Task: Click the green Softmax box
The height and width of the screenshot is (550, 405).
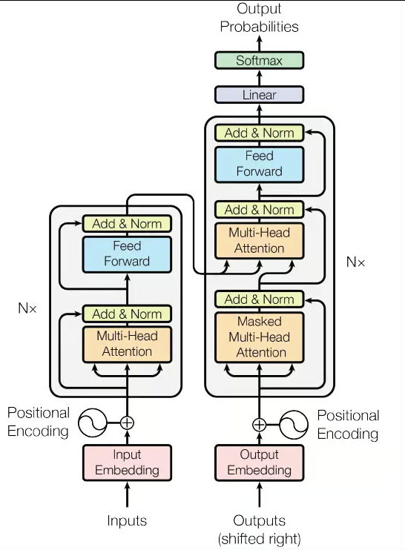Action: (x=259, y=60)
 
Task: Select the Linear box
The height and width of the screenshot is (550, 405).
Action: (x=259, y=95)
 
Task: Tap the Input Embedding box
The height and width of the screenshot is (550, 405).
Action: (x=127, y=463)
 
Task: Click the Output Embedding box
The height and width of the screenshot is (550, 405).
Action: (x=259, y=463)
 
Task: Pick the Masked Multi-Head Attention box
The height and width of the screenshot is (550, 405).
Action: (x=259, y=337)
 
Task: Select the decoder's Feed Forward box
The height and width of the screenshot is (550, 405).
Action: (x=259, y=165)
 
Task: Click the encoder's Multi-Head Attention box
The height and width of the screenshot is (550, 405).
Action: (x=127, y=345)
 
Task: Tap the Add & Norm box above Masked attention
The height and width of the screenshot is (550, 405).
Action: (x=259, y=299)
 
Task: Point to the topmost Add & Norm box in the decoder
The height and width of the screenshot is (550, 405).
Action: (x=259, y=133)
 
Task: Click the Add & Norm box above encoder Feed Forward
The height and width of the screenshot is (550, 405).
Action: (x=127, y=224)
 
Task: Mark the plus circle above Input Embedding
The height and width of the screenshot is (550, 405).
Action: (x=127, y=423)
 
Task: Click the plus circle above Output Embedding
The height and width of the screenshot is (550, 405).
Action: (x=259, y=425)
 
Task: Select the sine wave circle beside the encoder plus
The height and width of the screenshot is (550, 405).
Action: (x=92, y=423)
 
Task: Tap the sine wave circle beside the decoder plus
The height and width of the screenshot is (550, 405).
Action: (x=294, y=425)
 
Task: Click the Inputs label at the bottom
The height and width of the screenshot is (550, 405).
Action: (x=127, y=520)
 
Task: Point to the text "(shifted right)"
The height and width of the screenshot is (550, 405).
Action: (x=260, y=539)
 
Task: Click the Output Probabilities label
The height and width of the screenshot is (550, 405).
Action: (x=259, y=18)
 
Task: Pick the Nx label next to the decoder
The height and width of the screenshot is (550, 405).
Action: (x=355, y=262)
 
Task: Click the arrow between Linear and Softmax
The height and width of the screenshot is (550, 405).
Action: (x=260, y=78)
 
